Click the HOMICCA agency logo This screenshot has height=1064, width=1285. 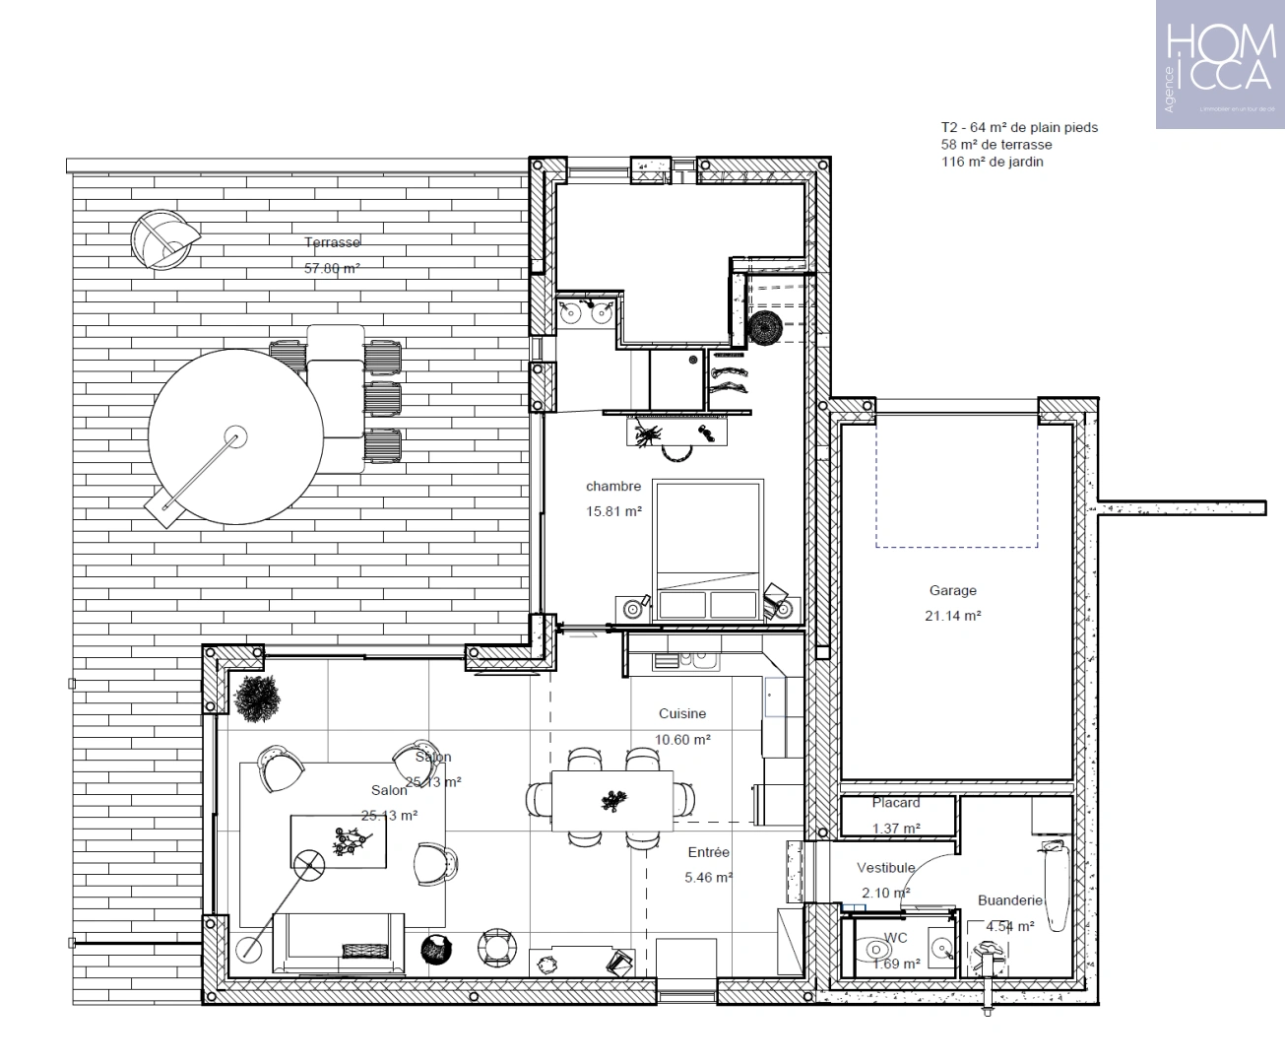1219,64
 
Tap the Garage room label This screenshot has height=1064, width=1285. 952,591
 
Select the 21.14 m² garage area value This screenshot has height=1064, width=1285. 952,616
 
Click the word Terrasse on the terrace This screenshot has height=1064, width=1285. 332,242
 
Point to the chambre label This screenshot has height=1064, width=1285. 612,487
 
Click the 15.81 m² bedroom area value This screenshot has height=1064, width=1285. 612,511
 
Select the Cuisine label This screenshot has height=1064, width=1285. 682,714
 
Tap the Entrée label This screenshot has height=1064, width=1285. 709,853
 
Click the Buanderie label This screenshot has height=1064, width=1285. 1009,900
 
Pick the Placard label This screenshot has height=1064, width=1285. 895,803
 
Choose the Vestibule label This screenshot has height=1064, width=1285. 885,868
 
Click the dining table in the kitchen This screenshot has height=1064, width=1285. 612,800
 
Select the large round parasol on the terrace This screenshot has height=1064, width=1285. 234,436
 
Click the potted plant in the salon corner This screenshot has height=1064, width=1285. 258,697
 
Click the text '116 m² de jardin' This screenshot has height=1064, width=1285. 992,162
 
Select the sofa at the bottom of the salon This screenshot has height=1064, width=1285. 339,943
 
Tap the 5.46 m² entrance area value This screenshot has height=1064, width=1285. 709,877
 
